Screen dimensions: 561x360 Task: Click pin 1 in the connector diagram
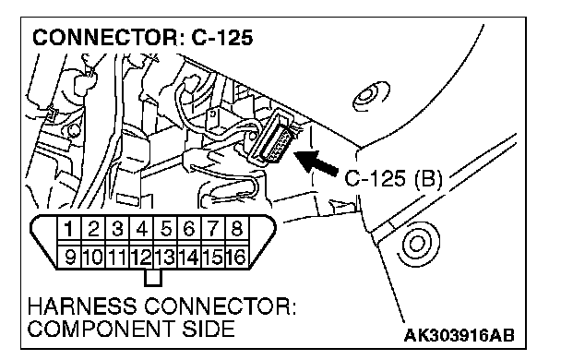point(69,229)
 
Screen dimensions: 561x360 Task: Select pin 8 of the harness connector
point(236,229)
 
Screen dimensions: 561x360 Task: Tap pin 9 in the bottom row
point(69,257)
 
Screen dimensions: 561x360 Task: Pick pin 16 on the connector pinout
point(236,257)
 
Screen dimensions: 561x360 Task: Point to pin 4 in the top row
point(142,229)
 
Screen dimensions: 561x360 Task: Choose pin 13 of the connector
point(165,257)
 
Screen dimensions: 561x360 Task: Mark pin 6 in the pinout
point(189,229)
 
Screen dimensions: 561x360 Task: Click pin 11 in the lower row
point(117,257)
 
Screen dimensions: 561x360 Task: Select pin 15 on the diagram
point(213,257)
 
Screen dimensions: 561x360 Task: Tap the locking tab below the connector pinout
point(153,278)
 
